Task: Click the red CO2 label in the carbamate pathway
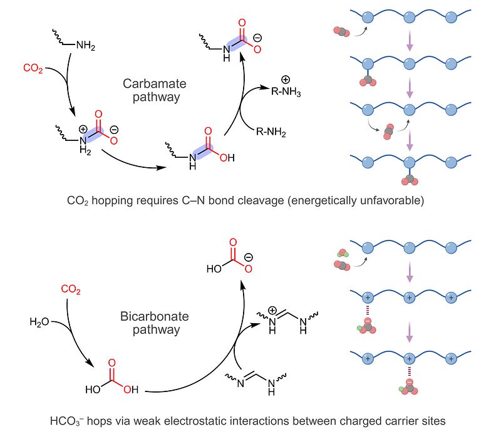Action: tap(33, 68)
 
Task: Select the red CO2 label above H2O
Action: tap(71, 289)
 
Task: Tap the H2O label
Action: tap(39, 322)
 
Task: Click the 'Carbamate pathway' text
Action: tap(155, 90)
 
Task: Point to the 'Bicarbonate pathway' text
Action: tap(155, 323)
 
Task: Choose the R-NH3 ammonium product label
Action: tap(286, 91)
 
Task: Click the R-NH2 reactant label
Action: tap(271, 132)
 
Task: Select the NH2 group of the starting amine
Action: tap(86, 45)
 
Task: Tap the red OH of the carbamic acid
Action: tap(227, 158)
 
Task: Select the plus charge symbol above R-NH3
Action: tap(286, 80)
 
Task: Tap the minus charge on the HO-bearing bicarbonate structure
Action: tap(249, 257)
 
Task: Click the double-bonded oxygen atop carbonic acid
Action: tap(112, 363)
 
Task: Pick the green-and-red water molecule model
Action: tap(343, 254)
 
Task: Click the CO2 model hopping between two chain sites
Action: tap(388, 132)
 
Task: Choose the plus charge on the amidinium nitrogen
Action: tap(272, 310)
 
